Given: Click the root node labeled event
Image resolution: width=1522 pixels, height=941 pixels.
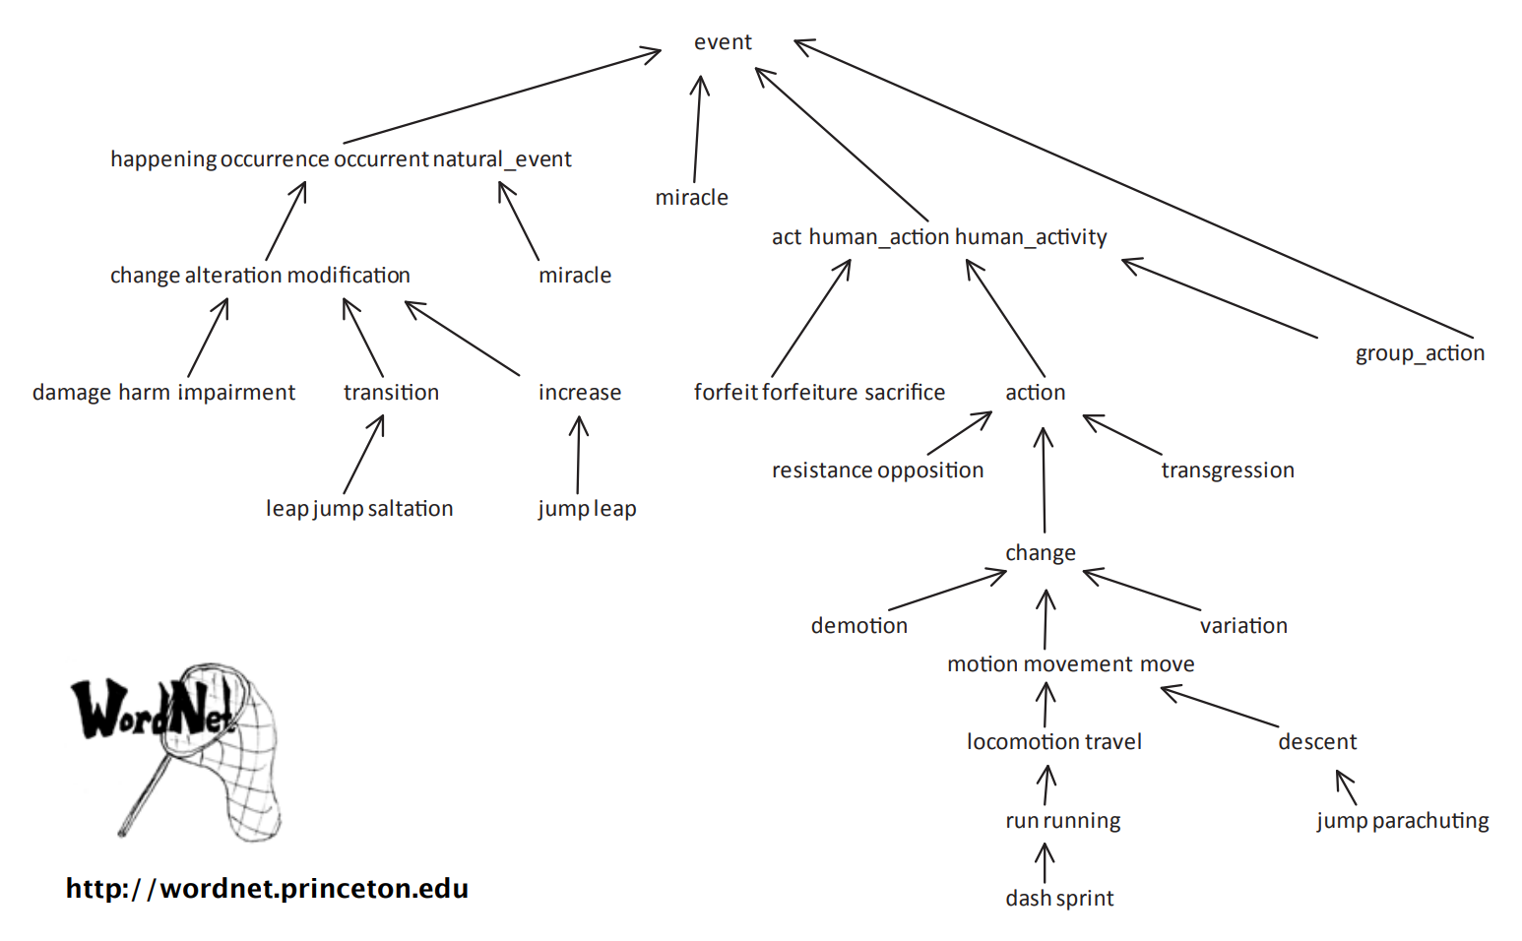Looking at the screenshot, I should pos(723,42).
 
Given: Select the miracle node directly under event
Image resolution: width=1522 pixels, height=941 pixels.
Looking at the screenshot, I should pos(691,198).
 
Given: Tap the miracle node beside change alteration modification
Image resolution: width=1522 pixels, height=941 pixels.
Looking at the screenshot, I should pos(575,276).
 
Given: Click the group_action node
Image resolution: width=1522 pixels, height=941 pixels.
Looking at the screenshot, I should pos(1419,353).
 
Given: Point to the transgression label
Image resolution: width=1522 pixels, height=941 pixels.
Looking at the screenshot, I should pos(1227,470).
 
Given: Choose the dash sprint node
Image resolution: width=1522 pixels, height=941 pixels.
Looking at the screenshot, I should pos(1059,899).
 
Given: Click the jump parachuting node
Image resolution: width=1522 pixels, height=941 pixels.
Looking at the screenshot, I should pos(1402,821).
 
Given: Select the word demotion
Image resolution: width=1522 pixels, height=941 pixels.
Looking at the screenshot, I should pos(858,626).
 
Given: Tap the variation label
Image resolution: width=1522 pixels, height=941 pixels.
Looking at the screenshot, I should pos(1243,626).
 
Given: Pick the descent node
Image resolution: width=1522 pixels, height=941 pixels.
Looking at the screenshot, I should pos(1317,742).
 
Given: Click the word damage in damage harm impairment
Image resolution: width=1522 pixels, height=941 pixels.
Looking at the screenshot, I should pos(71,393).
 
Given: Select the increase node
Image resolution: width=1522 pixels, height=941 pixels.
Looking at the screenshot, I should pos(579,393).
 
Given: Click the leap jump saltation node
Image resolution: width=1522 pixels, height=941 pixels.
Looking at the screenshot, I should pos(359,509).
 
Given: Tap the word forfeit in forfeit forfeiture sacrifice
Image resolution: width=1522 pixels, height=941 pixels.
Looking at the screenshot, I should pos(725,393).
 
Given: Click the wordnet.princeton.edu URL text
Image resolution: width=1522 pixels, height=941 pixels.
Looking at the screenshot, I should pos(267,889).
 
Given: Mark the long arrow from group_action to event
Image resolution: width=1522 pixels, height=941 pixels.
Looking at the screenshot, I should pos(1132,187).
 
